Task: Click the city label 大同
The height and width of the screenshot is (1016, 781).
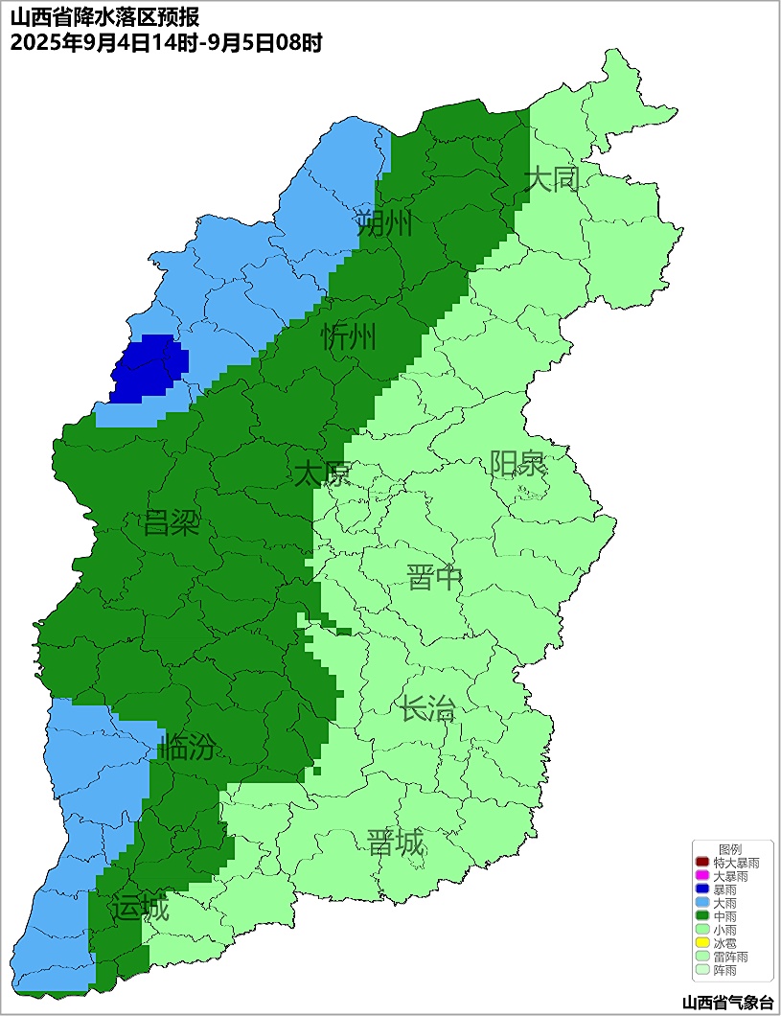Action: click(553, 179)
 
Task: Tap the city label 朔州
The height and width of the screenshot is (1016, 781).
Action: click(383, 224)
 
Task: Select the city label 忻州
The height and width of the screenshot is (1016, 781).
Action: click(349, 337)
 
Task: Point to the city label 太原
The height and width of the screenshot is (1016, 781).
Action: click(322, 473)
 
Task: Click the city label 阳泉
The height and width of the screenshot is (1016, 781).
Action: click(517, 464)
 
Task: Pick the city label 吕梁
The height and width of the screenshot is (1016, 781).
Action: click(171, 523)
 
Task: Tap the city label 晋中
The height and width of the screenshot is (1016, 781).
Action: click(434, 578)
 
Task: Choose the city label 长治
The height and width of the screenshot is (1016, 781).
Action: click(427, 710)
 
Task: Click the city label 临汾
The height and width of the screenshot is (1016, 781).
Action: click(187, 747)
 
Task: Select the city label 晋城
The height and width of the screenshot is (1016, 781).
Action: click(395, 843)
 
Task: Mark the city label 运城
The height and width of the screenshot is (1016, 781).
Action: click(140, 908)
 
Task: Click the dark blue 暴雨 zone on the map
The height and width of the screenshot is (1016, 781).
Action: click(149, 368)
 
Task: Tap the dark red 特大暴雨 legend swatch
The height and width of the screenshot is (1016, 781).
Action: click(702, 864)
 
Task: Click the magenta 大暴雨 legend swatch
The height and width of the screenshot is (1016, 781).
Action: click(702, 877)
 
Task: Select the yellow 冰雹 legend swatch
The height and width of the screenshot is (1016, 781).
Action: click(702, 943)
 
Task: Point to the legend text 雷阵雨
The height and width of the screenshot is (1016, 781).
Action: click(731, 957)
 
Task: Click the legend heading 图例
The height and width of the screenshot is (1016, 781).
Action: click(730, 850)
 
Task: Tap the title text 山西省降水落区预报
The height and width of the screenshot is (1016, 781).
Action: click(104, 17)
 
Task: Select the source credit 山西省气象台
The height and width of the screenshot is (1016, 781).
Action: click(727, 1003)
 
